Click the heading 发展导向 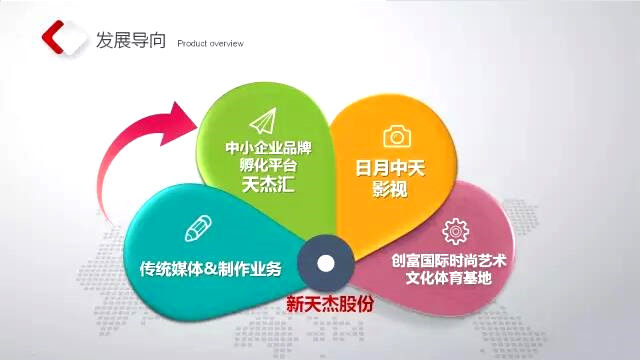pyautogui.click(x=124, y=41)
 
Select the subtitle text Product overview pyautogui.click(x=209, y=44)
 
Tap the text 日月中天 pyautogui.click(x=390, y=169)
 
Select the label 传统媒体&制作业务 pyautogui.click(x=211, y=268)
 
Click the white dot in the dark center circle pyautogui.click(x=326, y=264)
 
